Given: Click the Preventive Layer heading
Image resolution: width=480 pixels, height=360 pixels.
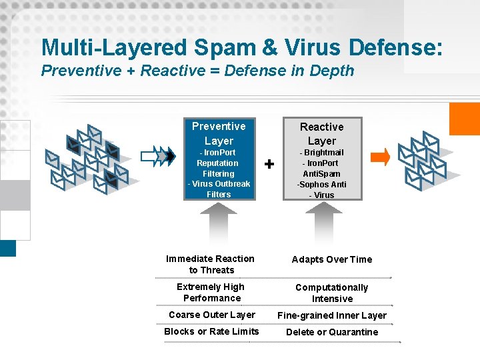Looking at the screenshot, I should tap(219, 133).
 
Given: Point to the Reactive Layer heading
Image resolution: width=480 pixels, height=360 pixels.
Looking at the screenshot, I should tap(322, 134).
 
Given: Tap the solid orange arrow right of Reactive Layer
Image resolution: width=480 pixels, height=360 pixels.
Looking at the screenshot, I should tap(380, 157).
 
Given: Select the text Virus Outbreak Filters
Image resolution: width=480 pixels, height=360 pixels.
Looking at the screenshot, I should tap(219, 189).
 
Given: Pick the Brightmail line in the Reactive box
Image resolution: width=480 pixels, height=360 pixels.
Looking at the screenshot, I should tap(322, 153).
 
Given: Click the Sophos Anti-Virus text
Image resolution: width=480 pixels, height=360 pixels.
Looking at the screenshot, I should tap(322, 190).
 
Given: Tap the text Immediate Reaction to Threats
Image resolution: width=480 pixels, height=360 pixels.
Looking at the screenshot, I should tap(211, 264).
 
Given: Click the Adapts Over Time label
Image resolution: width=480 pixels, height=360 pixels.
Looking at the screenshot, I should tap(332, 259).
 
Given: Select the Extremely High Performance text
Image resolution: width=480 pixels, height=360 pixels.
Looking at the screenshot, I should tap(211, 293).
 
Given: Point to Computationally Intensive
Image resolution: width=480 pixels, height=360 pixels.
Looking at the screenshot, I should tap(332, 293).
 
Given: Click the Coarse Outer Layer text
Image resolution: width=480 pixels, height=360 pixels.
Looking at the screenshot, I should tap(212, 315).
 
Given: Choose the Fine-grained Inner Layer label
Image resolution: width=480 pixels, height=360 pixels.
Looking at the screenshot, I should tap(332, 315).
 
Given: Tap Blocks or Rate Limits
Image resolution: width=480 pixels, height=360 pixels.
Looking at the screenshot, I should tap(211, 331).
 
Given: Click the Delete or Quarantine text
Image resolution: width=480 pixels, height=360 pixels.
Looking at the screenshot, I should tap(332, 332).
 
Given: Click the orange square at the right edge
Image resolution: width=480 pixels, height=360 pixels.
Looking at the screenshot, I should tap(465, 119).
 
